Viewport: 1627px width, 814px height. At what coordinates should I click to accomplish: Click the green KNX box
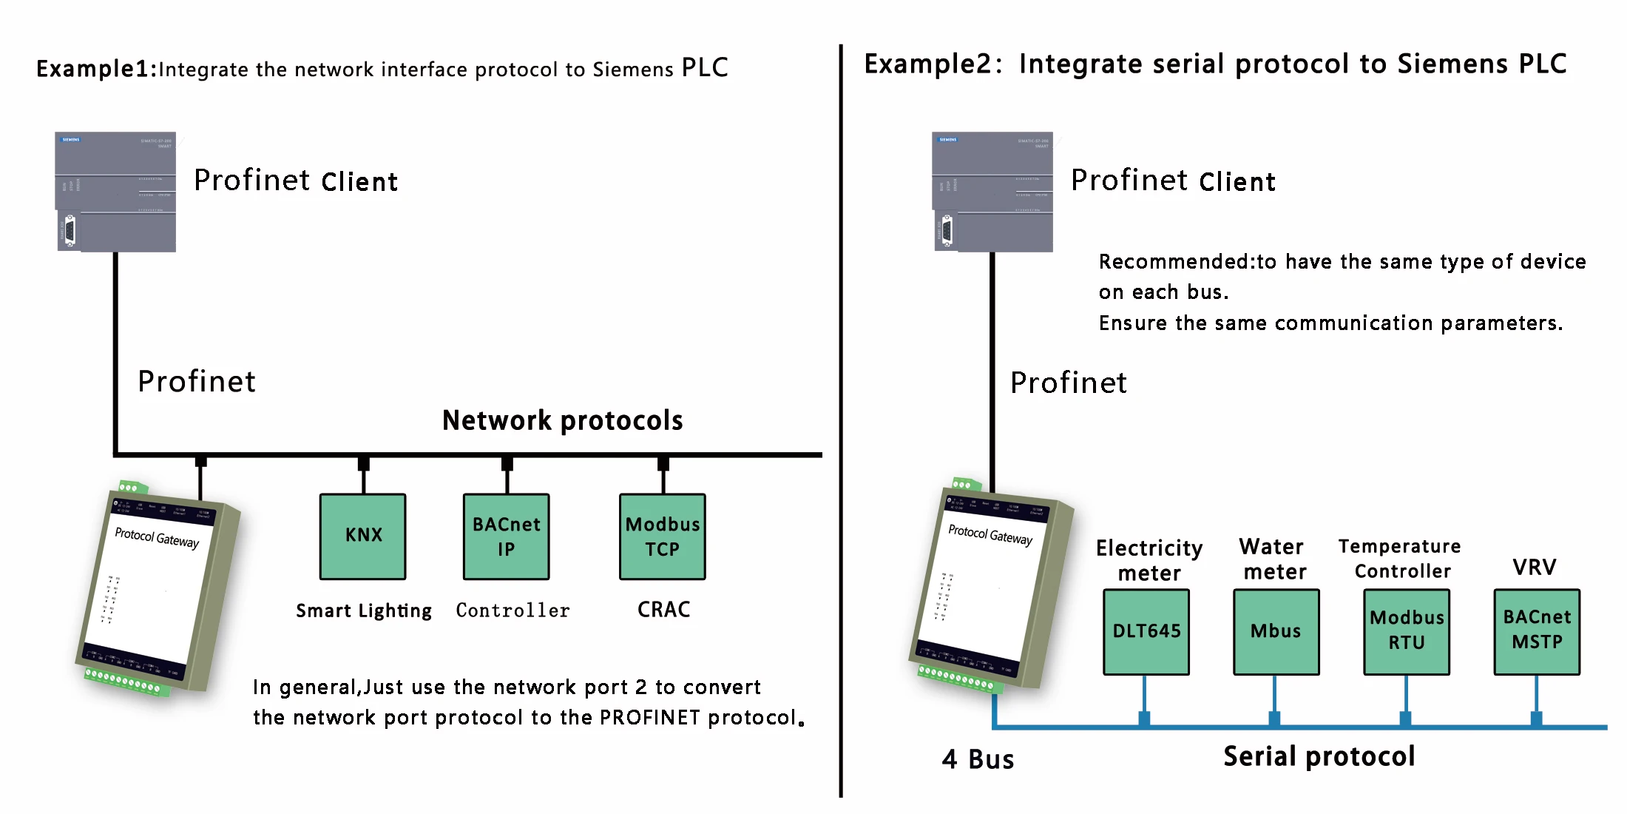362,536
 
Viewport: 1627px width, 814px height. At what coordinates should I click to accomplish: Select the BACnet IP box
507,536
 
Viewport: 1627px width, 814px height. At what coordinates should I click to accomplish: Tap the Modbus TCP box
663,536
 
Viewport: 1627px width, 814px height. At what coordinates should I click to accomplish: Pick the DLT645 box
1146,631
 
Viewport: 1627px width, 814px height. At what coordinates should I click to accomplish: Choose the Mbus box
1276,631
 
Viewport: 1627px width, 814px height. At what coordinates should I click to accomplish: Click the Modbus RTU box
1407,631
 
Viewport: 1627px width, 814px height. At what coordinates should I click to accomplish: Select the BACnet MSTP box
1537,631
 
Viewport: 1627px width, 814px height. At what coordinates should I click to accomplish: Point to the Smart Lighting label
364,610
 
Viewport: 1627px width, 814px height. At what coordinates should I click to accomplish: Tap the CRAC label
664,610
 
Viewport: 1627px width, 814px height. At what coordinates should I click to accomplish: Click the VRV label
1535,568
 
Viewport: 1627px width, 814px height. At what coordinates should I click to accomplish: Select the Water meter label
1273,559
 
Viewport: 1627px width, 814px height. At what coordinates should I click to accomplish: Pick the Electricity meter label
1149,560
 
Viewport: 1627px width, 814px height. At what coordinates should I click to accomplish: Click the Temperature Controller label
1400,559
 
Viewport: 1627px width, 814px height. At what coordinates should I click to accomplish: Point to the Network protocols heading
562,420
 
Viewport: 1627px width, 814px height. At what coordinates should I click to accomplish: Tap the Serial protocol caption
1319,756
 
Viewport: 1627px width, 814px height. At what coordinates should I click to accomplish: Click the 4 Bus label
978,759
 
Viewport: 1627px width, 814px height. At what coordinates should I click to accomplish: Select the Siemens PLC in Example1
116,192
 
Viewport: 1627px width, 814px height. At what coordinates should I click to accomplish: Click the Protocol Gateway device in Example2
989,588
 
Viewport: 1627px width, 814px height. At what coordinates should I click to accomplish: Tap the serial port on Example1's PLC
70,230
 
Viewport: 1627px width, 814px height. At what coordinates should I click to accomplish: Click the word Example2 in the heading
928,64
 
